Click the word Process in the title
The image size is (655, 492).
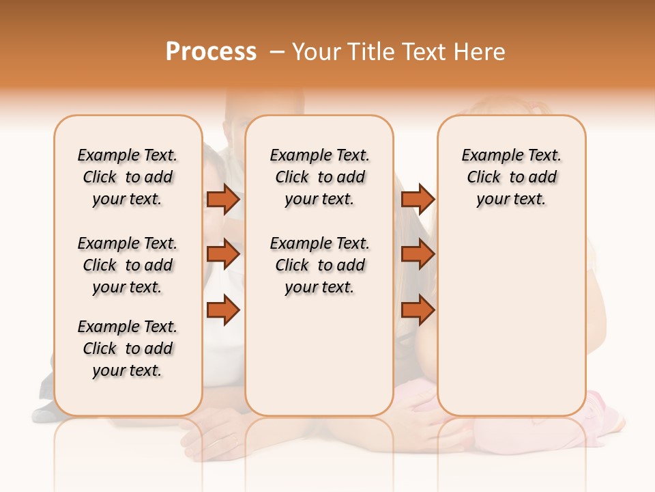point(211,52)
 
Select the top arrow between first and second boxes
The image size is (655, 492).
point(223,200)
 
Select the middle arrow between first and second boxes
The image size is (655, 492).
point(223,255)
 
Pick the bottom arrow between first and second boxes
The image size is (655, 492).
point(223,311)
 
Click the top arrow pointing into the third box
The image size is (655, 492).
point(418,200)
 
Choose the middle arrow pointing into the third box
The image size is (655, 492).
point(418,255)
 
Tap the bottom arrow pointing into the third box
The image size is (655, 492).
point(418,311)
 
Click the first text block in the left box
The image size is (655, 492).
point(128,177)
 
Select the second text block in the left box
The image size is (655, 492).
point(128,265)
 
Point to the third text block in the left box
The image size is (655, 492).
point(128,348)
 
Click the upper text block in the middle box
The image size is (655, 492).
point(319,177)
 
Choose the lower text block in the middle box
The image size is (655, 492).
point(319,265)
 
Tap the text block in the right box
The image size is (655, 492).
point(511,177)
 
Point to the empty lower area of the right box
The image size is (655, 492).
point(511,321)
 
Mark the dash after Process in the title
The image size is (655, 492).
point(276,52)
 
